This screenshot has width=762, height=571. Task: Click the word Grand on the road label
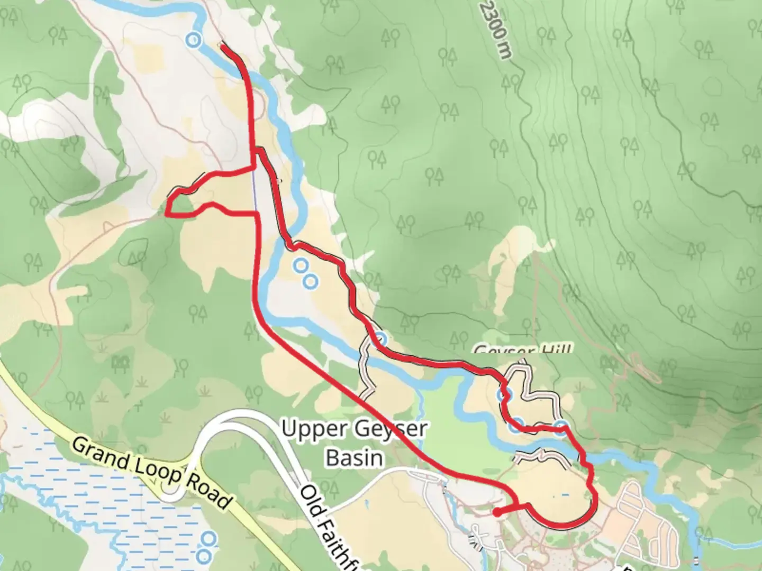(100, 454)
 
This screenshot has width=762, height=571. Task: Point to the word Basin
(355, 457)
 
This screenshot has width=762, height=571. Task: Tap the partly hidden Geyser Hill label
(522, 350)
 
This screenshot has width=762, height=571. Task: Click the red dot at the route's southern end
(497, 512)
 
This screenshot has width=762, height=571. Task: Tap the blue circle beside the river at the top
(194, 39)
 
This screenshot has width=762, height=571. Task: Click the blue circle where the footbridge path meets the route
(381, 338)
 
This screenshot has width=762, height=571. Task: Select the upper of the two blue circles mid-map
(301, 264)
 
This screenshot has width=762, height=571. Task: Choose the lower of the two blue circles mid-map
(311, 281)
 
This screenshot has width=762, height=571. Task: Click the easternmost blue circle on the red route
(561, 426)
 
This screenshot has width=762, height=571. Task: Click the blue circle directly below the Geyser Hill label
(503, 395)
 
